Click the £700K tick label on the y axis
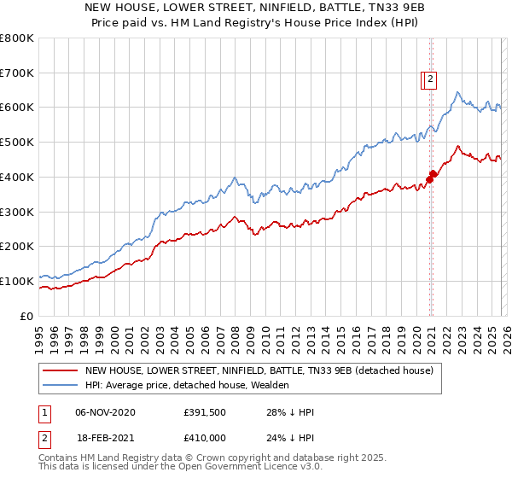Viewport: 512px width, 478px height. [17, 73]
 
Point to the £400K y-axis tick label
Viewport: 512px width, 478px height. [17, 178]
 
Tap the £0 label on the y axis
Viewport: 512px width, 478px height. [28, 316]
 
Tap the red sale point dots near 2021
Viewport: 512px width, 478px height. [432, 176]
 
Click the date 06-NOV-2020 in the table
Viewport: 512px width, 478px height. [105, 412]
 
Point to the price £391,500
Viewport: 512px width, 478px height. [203, 412]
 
